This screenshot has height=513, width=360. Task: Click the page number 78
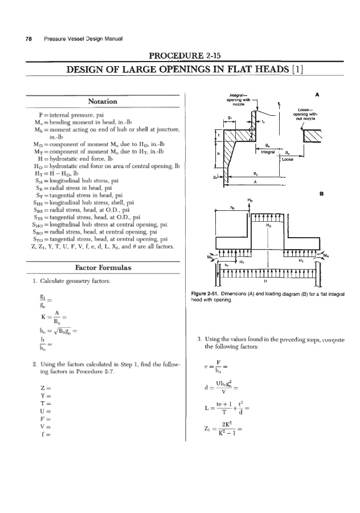[27, 39]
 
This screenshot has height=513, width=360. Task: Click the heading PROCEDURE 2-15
[180, 55]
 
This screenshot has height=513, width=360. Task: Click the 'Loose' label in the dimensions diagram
[288, 160]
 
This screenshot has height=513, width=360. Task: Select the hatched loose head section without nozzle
[314, 135]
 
